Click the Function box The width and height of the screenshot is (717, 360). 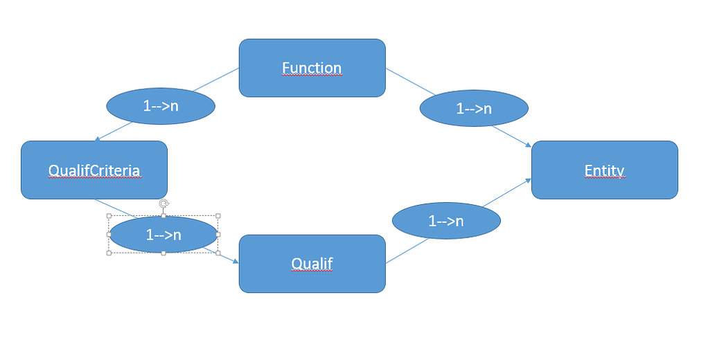[312, 68]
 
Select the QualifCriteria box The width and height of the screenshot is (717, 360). [94, 170]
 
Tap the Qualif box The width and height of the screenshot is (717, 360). [312, 264]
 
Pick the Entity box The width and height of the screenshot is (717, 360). [605, 170]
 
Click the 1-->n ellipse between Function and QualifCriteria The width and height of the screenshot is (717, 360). [161, 106]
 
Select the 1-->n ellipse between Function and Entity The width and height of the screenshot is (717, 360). [474, 108]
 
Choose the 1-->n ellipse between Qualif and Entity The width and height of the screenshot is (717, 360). [446, 221]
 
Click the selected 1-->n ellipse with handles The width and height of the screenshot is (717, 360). [163, 235]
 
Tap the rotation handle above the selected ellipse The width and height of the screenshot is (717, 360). [164, 204]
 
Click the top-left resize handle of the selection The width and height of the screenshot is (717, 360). [109, 215]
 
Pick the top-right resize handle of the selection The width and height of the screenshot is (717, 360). [218, 215]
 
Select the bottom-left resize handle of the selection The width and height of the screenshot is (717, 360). [109, 253]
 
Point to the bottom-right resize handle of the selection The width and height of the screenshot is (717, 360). [218, 253]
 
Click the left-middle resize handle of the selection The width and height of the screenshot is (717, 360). [109, 235]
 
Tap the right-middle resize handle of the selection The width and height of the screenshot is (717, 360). [218, 235]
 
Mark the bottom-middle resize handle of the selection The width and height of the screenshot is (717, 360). [163, 253]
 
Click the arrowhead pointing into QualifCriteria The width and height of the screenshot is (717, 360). [97, 139]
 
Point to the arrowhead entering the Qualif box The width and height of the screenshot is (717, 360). [236, 261]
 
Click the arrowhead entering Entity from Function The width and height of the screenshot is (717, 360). [529, 145]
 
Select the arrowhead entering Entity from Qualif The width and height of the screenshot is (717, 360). [528, 181]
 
